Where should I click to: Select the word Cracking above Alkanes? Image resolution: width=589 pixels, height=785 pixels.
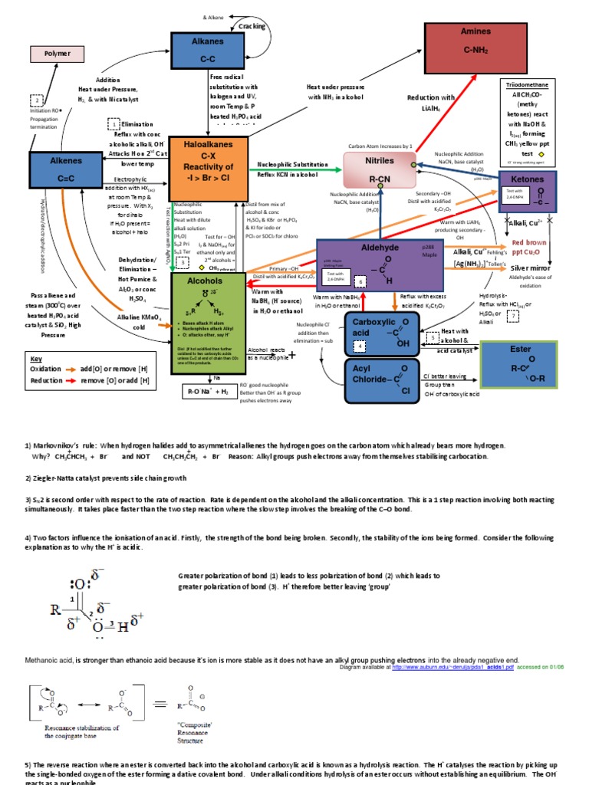[252, 26]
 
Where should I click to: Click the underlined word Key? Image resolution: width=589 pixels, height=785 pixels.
[36, 359]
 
